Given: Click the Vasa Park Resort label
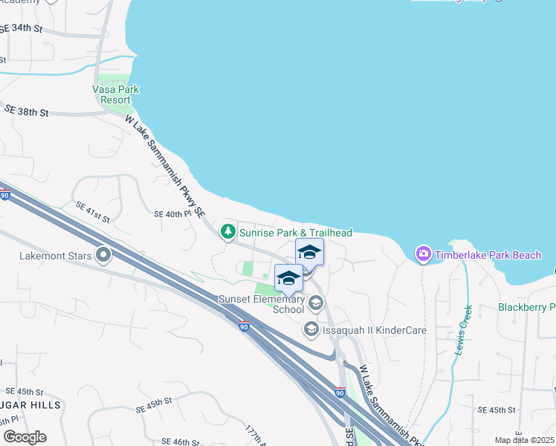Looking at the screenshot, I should pos(116,94).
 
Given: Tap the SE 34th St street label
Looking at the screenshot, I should pos(22,29).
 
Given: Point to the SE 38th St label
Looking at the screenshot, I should pos(26,111).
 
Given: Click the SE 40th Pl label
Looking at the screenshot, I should pos(172,213).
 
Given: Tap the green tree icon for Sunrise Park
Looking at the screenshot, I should pos(227,233).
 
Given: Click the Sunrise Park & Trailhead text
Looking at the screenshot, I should pos(295,233).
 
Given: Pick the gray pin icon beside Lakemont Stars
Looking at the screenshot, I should pos(103,256).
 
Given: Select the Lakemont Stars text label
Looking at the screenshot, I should pos(56,256).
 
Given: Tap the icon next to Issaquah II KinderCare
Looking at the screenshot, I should pos(311,328).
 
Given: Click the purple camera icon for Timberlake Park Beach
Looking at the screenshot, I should pos(423,255).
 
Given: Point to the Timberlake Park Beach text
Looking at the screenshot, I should pos(488,255).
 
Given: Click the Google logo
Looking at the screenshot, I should pos(25,437).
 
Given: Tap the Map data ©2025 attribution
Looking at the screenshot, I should pos(525,440).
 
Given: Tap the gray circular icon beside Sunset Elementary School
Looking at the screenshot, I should pos(316,303).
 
